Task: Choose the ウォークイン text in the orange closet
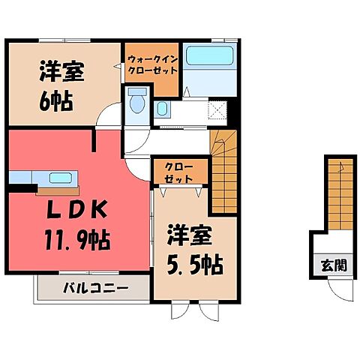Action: tap(152, 58)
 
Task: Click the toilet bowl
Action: tap(137, 102)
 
